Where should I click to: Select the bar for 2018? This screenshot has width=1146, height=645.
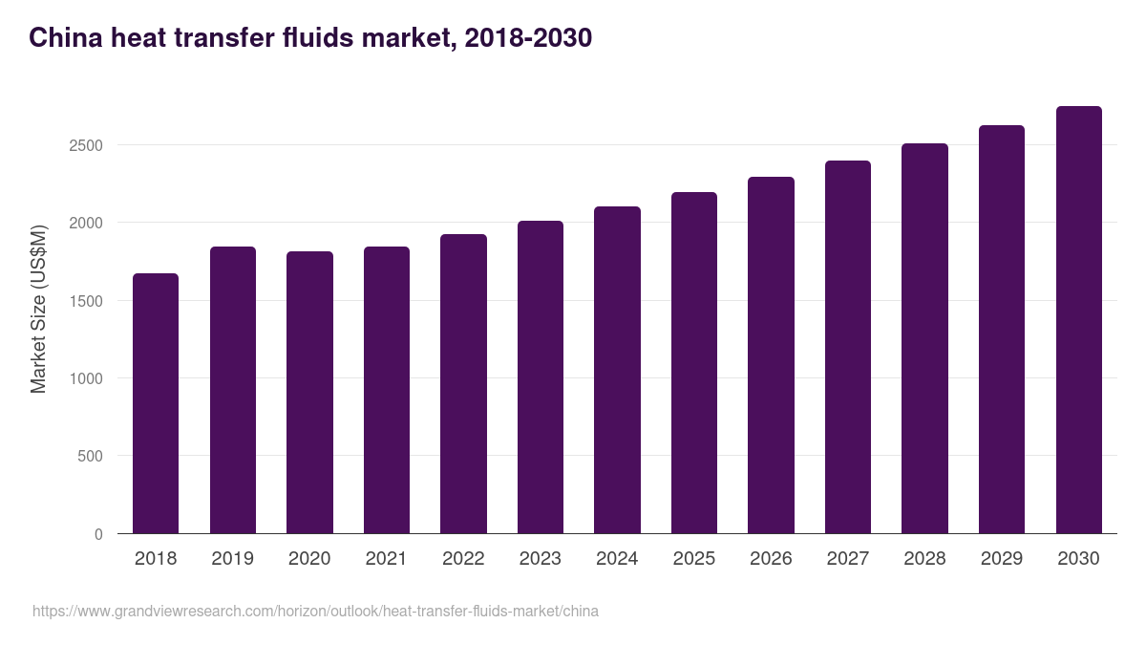click(x=156, y=403)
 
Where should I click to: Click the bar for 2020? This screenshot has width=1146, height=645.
click(x=309, y=392)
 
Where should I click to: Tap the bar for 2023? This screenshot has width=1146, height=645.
click(x=541, y=376)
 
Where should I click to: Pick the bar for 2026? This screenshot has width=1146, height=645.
click(x=771, y=355)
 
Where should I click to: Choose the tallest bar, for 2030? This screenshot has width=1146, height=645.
click(x=1078, y=319)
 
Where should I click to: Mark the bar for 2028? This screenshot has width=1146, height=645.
click(x=924, y=338)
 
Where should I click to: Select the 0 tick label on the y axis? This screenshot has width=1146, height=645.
click(x=98, y=534)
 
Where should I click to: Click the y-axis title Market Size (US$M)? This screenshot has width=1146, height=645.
click(x=38, y=309)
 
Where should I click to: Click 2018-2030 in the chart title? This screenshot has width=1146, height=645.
click(x=527, y=38)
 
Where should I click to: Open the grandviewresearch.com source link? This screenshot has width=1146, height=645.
click(x=315, y=611)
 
